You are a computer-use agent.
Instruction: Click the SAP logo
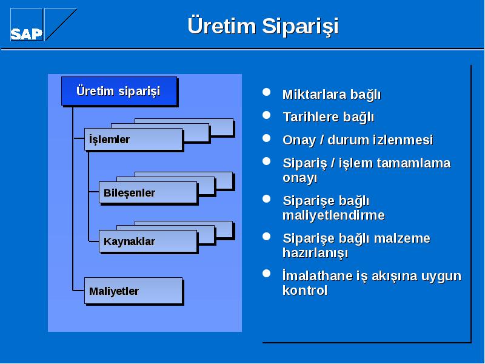tap(43, 24)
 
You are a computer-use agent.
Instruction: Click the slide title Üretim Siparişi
tap(263, 26)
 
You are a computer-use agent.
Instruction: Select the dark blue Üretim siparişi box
tap(119, 91)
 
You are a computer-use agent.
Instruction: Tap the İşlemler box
tap(133, 140)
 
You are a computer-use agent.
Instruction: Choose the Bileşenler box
tap(148, 192)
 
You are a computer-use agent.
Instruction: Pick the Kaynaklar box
tap(148, 241)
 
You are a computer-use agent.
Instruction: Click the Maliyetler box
tap(133, 291)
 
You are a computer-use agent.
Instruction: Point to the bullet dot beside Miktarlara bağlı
tap(266, 92)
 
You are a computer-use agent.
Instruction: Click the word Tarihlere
tap(311, 117)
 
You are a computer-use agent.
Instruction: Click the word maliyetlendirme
tap(334, 215)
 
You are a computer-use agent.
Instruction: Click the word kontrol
tap(305, 291)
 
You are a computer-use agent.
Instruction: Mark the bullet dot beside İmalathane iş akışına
tap(266, 274)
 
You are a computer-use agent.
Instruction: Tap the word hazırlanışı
tap(315, 253)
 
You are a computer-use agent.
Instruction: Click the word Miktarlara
tap(315, 95)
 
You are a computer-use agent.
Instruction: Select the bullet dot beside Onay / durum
tap(266, 138)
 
